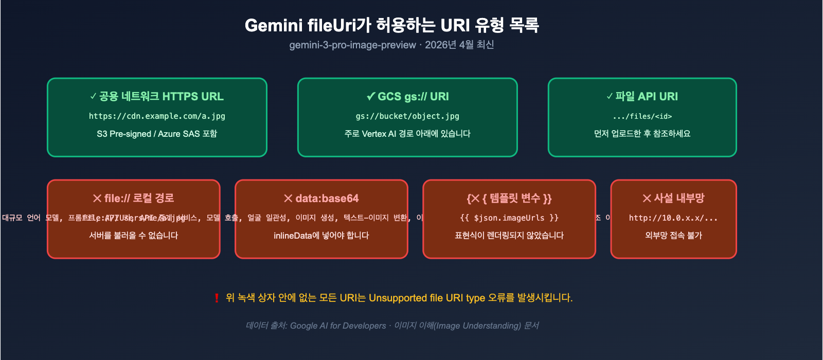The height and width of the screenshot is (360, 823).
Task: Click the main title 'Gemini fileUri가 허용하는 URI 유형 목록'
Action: pos(391,25)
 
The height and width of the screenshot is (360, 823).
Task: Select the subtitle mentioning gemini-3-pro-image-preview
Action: pos(391,45)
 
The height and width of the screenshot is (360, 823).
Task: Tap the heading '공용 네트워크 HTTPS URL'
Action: pos(157,96)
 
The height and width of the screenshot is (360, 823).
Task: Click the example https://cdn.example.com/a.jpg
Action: pos(157,116)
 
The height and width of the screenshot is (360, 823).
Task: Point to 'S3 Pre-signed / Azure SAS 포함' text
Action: pos(157,134)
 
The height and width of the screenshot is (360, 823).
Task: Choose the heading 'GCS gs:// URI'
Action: pos(407,96)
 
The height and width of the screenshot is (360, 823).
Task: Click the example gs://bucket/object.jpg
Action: pos(407,116)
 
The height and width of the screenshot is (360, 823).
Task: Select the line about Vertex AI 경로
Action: pos(407,134)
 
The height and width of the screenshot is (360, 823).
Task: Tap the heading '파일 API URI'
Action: pos(642,96)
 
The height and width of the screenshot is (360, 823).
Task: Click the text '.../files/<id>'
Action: pos(642,116)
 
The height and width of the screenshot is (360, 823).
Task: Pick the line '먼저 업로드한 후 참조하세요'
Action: pos(642,134)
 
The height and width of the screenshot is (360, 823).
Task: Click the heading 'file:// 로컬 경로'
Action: pos(134,198)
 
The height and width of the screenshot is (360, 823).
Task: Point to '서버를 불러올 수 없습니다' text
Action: pos(134,236)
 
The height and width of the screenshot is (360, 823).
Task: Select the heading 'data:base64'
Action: pos(321,198)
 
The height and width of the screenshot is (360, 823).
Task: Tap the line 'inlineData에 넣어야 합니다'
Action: pos(321,236)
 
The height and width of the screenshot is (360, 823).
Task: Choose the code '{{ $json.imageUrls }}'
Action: pos(509,218)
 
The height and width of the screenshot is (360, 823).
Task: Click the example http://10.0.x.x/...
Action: pos(673,218)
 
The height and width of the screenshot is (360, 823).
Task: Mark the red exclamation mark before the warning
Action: pos(217,298)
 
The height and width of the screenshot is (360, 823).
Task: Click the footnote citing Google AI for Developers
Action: pos(392,326)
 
